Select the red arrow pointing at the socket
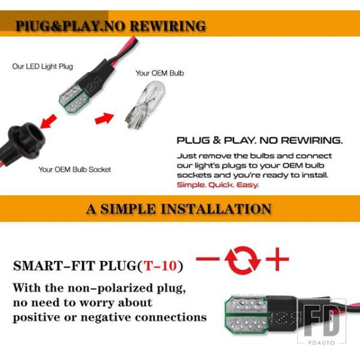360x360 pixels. [48, 121]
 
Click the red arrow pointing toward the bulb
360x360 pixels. [104, 118]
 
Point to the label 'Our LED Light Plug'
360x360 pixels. [43, 67]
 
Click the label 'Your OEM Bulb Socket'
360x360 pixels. [74, 170]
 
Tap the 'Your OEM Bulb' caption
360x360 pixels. [160, 73]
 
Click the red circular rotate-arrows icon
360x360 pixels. [242, 260]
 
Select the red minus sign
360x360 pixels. [208, 259]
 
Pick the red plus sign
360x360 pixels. [277, 259]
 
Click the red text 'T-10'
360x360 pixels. [160, 266]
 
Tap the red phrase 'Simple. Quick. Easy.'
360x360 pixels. [218, 185]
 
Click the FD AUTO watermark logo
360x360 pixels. [322, 322]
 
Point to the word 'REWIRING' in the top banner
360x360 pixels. [168, 26]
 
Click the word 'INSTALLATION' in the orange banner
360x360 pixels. [216, 209]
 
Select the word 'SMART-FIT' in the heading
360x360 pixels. [54, 266]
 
